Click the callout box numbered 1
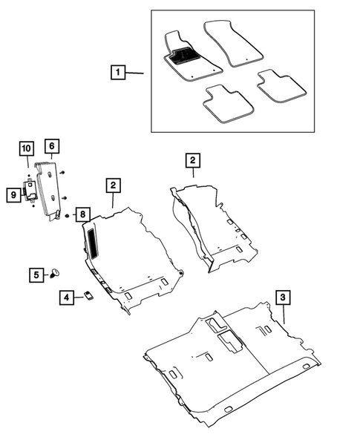pyautogui.click(x=117, y=73)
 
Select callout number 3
pyautogui.click(x=282, y=298)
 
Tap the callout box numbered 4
pyautogui.click(x=67, y=298)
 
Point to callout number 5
pyautogui.click(x=36, y=274)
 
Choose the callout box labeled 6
pyautogui.click(x=51, y=146)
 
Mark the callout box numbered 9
pyautogui.click(x=13, y=195)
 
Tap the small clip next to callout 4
pyautogui.click(x=88, y=297)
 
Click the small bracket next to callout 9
pyautogui.click(x=33, y=191)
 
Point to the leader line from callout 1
pyautogui.click(x=134, y=73)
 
